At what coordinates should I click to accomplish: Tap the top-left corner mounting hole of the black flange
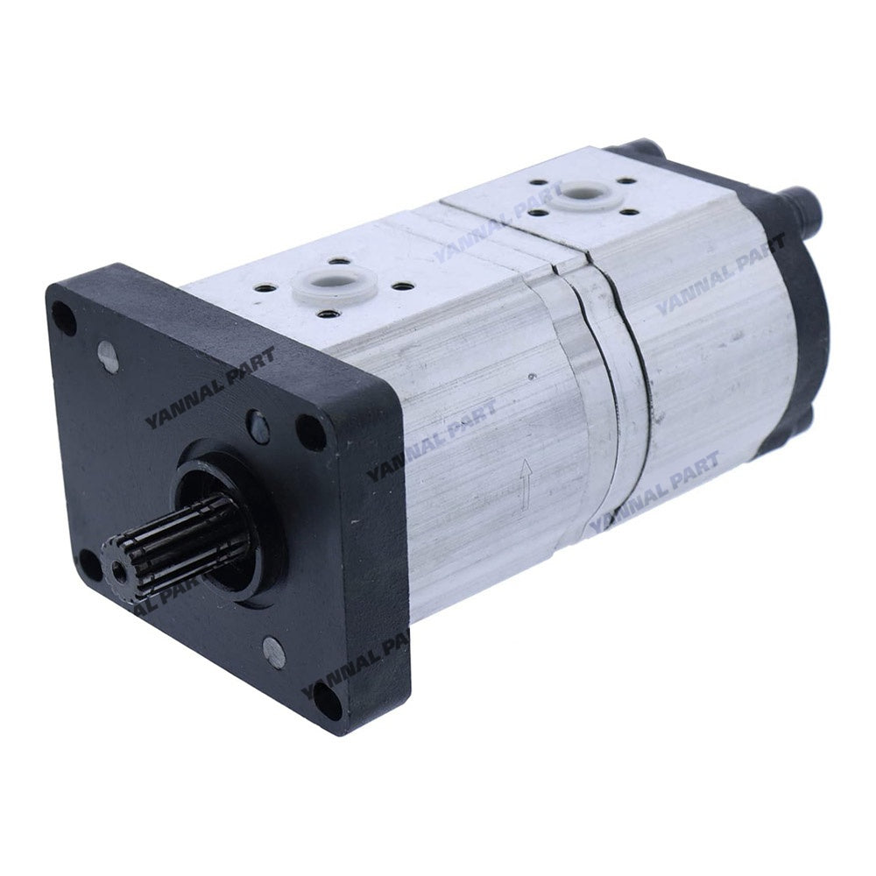point(64,317)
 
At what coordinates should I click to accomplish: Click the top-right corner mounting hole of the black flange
point(311,431)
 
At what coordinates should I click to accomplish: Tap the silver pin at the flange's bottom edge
point(274,653)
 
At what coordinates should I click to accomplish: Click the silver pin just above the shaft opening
point(258,427)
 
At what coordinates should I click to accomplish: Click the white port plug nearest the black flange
point(334,286)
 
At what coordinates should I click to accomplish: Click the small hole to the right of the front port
point(401,286)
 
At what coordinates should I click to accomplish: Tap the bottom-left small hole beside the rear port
point(535,211)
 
